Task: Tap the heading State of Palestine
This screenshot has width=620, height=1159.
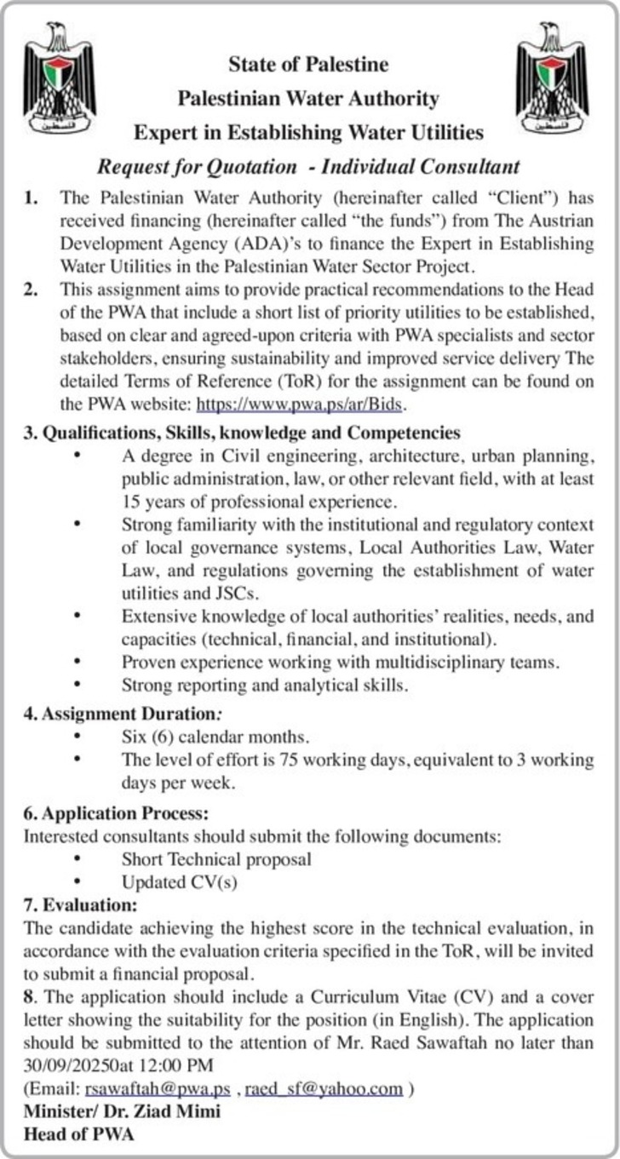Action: pyautogui.click(x=307, y=65)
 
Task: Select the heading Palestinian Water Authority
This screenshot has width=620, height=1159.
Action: pyautogui.click(x=307, y=99)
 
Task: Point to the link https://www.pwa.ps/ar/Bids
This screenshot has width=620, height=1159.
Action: pyautogui.click(x=302, y=405)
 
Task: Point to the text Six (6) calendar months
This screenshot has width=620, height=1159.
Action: pyautogui.click(x=215, y=736)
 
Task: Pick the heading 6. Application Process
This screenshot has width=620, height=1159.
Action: pyautogui.click(x=115, y=813)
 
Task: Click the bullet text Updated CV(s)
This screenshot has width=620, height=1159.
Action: pyautogui.click(x=179, y=881)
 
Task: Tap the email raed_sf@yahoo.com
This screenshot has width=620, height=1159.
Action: pyautogui.click(x=324, y=1089)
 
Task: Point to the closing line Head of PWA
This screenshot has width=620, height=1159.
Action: pyautogui.click(x=79, y=1133)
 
